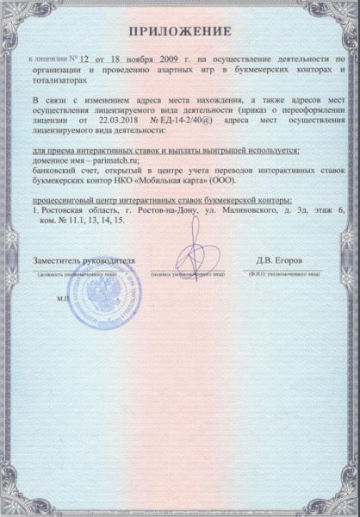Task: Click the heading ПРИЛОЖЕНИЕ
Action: point(180,32)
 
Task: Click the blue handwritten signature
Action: point(188,254)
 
